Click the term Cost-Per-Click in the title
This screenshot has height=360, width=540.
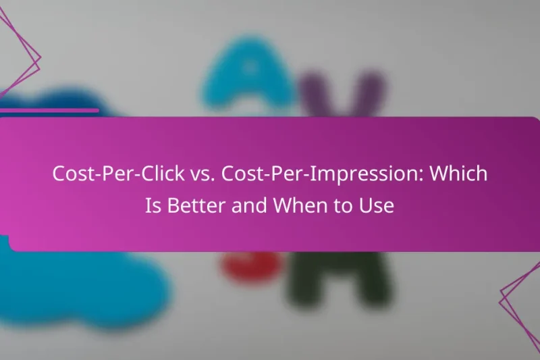(111, 174)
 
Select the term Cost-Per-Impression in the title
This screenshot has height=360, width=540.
(311, 174)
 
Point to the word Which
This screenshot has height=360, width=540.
(460, 174)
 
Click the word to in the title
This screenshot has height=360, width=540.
(337, 206)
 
